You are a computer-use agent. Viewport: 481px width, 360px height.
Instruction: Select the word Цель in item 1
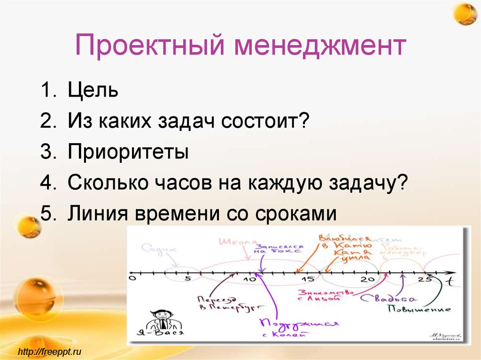(93, 90)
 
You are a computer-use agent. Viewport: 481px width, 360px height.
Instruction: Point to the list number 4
(47, 183)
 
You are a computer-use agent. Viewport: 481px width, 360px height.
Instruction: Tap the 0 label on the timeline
(132, 279)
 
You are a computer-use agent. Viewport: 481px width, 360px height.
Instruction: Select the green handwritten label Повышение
(419, 309)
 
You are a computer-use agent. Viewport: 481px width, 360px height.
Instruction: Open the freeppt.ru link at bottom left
(50, 351)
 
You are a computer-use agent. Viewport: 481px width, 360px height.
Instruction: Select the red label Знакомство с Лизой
(325, 294)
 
